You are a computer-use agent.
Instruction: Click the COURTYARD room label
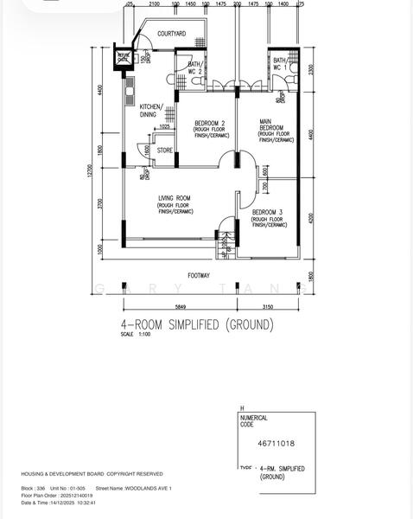pos(171,34)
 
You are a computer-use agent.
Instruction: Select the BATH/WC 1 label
pos(279,63)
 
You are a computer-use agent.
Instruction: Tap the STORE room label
pos(164,151)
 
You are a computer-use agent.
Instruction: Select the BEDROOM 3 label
pos(268,212)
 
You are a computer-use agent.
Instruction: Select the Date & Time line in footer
pos(59,502)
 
